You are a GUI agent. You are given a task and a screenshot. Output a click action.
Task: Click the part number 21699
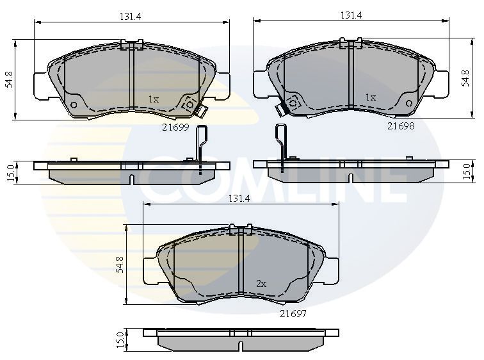coord(175,127)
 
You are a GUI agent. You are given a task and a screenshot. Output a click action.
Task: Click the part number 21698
coord(401,126)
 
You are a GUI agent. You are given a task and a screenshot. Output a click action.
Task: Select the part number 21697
coord(293,314)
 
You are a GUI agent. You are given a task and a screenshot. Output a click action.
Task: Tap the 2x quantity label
coord(261,284)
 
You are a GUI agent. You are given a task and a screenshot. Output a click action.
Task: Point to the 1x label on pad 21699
coord(154,99)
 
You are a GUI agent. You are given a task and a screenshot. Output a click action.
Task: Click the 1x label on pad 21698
coord(371,97)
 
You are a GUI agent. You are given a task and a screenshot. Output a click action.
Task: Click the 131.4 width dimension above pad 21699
coord(130,16)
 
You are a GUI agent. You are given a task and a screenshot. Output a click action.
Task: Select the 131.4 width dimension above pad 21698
coord(351,15)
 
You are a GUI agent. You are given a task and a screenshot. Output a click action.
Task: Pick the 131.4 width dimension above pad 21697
coord(239,199)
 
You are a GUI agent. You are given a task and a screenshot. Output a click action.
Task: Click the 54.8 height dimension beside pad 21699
coord(10,79)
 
